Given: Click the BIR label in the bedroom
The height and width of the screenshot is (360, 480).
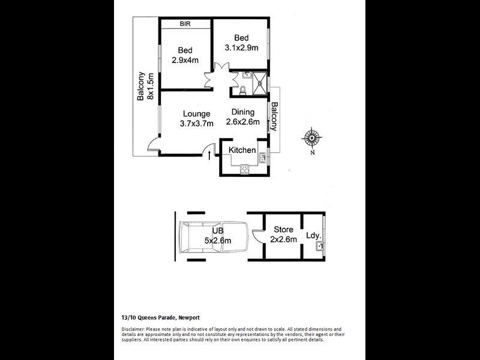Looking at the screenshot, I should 185,24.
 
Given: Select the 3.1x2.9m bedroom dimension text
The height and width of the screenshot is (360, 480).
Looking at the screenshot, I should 241,47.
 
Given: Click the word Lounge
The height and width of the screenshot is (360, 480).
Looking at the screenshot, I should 196,113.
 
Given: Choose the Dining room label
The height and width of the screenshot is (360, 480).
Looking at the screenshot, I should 242,112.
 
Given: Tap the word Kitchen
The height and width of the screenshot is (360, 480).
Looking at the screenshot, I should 242,150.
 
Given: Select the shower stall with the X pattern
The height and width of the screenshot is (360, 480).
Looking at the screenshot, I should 260,83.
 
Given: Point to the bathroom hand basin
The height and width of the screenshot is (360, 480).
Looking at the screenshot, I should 247,76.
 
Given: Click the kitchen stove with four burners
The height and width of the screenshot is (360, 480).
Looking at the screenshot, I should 244,170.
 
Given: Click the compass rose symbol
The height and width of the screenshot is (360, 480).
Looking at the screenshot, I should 312,138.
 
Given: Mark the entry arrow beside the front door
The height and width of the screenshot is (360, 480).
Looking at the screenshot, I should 209,157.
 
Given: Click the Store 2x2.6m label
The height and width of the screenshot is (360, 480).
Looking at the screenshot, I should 283,235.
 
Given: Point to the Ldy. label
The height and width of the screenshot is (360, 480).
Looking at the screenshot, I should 313,236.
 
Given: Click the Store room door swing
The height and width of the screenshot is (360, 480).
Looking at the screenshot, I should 257,239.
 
